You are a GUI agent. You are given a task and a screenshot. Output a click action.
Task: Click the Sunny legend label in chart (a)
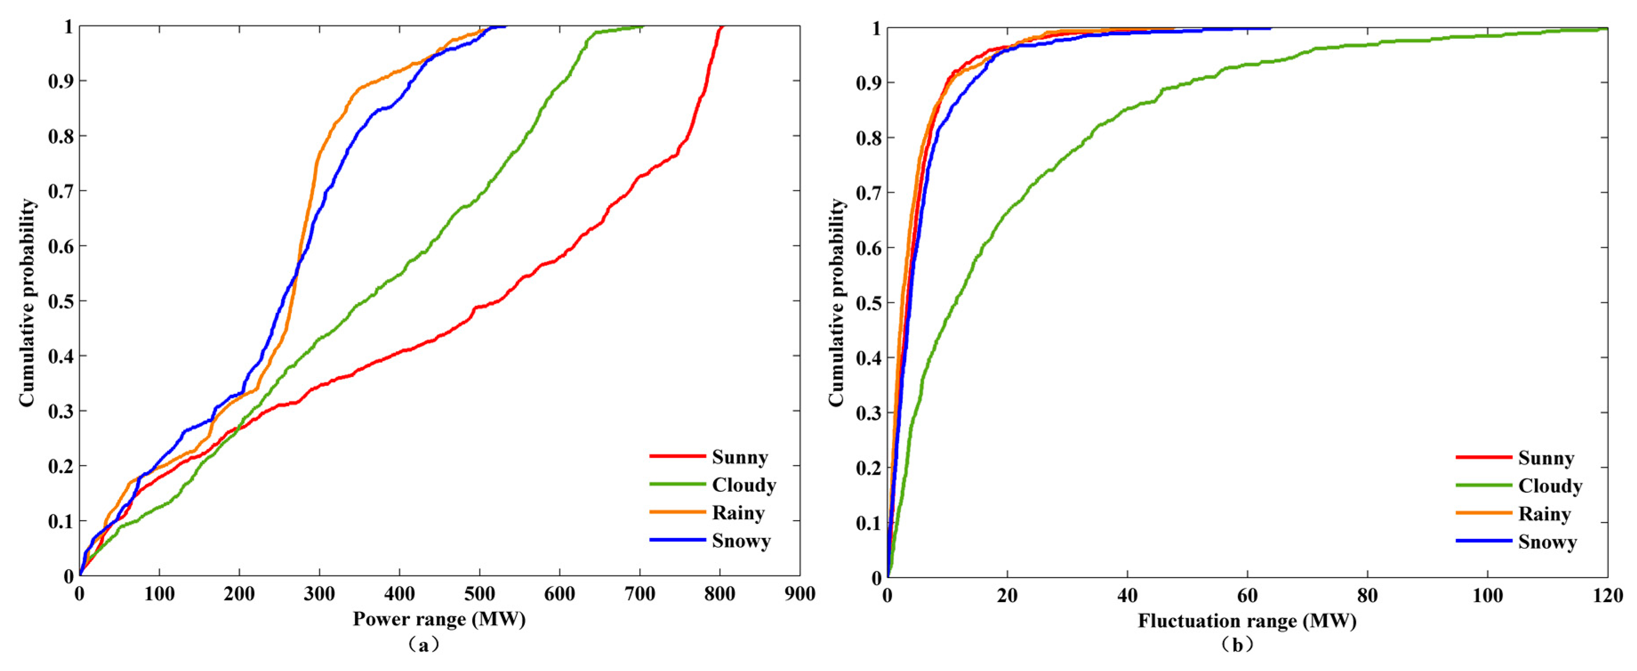740,458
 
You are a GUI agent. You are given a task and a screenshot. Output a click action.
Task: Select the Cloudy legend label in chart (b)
1550,486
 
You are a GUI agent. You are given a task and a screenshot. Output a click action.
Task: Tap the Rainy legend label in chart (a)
738,513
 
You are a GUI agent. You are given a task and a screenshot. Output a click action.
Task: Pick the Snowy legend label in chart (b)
1547,542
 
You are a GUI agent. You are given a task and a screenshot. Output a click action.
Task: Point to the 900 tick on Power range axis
799,594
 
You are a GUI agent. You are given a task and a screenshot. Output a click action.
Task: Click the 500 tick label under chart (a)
479,594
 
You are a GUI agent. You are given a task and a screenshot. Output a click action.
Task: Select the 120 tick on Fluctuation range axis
1608,596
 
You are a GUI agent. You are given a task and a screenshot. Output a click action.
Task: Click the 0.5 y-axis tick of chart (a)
61,301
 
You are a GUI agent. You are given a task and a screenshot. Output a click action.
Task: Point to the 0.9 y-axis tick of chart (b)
869,83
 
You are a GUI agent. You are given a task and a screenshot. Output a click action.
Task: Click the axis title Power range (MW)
439,619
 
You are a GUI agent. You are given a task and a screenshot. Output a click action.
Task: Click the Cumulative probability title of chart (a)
27,302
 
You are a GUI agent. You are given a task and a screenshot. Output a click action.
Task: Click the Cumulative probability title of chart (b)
836,302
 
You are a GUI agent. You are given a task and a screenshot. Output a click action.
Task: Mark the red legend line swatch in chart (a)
678,456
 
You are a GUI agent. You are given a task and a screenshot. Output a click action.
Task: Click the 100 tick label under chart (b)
1488,596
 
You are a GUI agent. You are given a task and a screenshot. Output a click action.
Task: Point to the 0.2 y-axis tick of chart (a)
61,466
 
